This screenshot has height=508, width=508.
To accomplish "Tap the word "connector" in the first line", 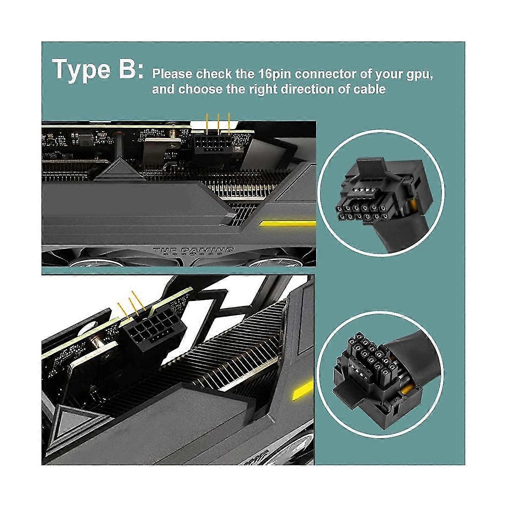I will [x=325, y=75].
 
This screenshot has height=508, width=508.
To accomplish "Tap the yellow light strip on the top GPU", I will [x=288, y=223].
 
